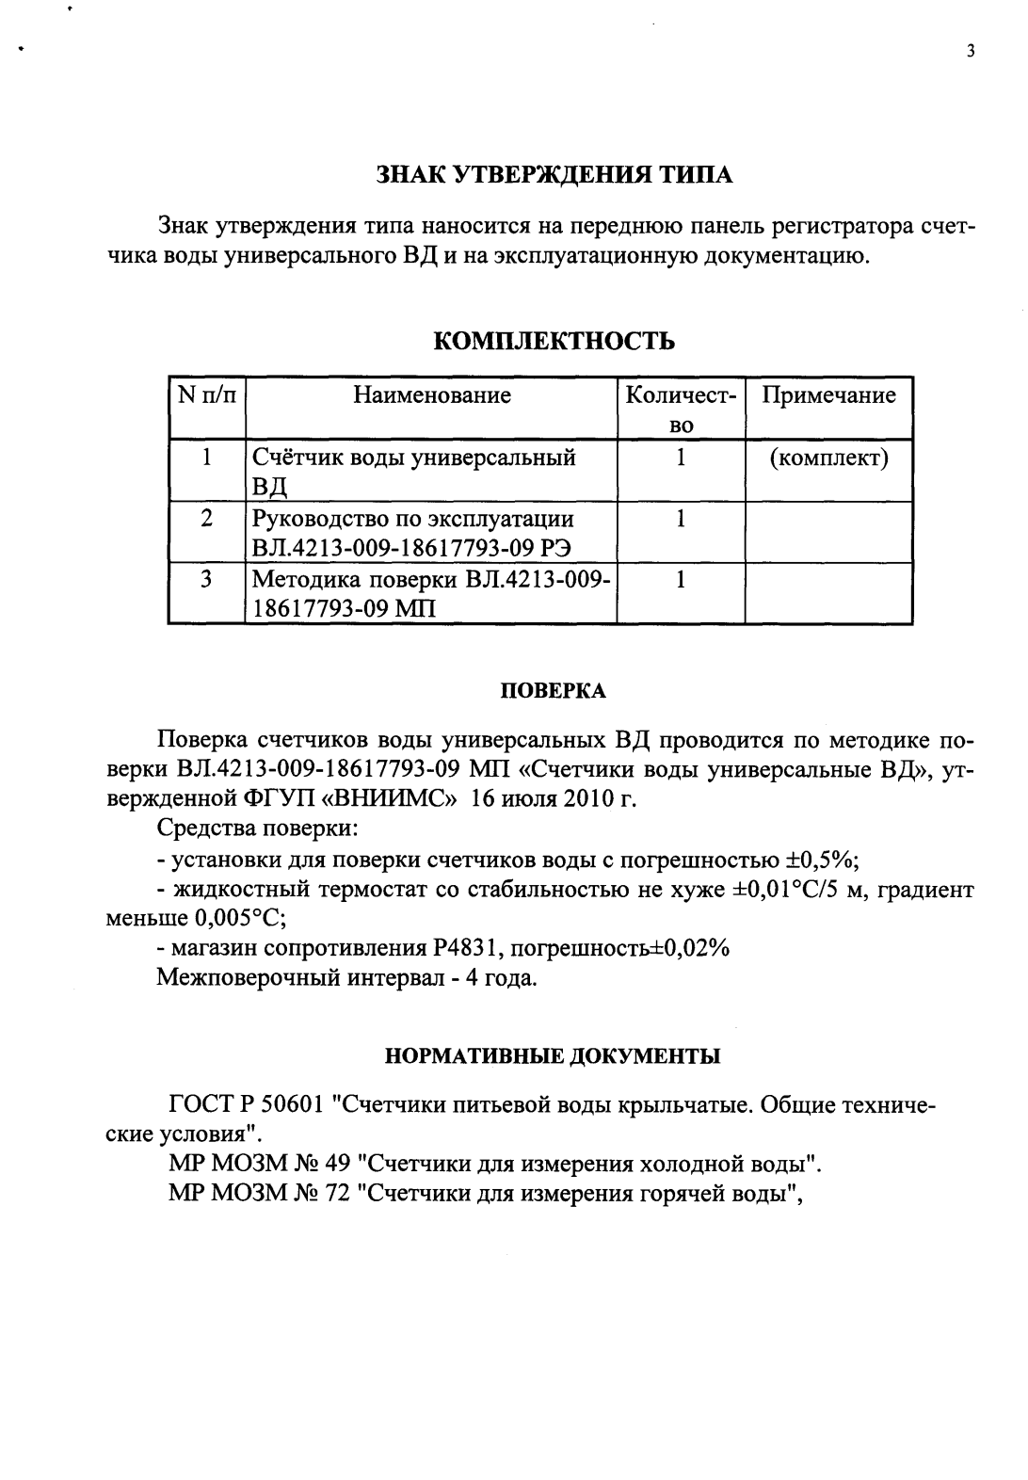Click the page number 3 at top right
point(971,52)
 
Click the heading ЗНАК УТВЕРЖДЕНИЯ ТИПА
point(554,174)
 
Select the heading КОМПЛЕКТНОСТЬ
point(554,341)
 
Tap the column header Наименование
point(432,395)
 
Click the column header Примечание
point(828,395)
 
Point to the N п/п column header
point(205,395)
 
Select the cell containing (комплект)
point(828,458)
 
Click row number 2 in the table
point(205,519)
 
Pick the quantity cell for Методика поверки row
point(680,580)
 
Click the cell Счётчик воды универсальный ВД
point(414,471)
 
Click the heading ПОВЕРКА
point(553,691)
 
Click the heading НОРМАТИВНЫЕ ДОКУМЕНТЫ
point(554,1055)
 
